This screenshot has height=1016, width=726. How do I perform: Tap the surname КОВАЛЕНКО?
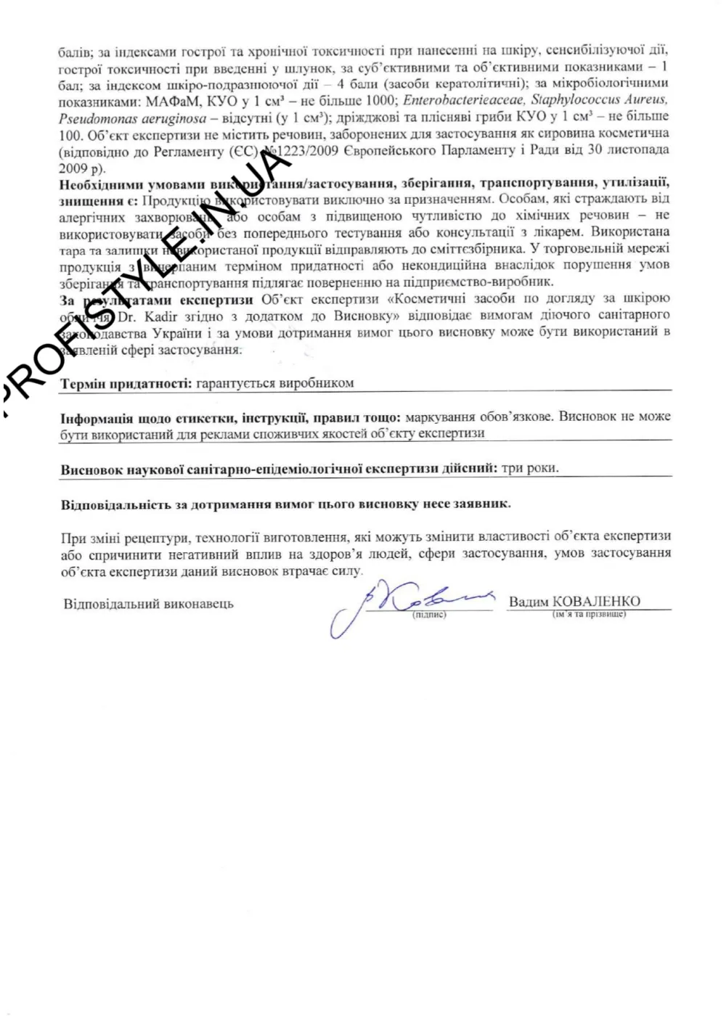(x=597, y=602)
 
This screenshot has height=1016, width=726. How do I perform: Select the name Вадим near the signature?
(x=529, y=602)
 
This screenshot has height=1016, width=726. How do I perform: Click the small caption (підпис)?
(x=429, y=615)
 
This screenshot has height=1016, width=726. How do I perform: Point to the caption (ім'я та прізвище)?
(x=589, y=615)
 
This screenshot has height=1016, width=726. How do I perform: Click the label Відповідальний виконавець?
(x=148, y=604)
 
